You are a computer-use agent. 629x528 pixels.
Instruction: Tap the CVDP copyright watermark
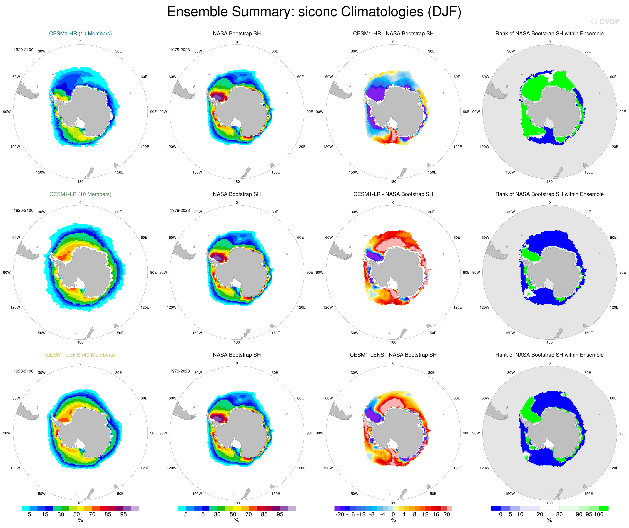click(x=605, y=22)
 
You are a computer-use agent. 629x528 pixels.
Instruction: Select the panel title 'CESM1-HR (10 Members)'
click(x=80, y=34)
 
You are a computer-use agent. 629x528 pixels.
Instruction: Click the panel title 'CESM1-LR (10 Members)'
click(x=80, y=194)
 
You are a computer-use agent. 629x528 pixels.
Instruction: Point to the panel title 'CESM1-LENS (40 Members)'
click(x=80, y=355)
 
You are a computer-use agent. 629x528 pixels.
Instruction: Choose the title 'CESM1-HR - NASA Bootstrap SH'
click(x=393, y=34)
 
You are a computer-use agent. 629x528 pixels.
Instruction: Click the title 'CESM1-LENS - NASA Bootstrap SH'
click(x=393, y=355)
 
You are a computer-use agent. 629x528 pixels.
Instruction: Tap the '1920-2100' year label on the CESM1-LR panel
click(x=23, y=211)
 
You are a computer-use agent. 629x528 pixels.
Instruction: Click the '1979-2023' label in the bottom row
click(x=180, y=371)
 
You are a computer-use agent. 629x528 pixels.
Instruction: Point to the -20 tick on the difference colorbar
click(x=340, y=514)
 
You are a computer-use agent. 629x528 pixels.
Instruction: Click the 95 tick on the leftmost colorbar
click(x=123, y=514)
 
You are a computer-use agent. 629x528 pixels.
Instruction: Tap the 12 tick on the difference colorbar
click(x=425, y=514)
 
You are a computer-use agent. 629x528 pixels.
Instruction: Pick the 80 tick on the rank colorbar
click(x=559, y=514)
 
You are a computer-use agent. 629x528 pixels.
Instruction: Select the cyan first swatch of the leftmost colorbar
click(x=25, y=508)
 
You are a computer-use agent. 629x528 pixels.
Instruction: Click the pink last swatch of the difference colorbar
click(x=449, y=508)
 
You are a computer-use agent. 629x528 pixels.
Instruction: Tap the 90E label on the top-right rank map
click(x=622, y=112)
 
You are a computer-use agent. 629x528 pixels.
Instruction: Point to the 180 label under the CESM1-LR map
click(x=80, y=342)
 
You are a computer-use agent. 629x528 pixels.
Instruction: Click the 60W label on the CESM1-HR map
click(x=16, y=77)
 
